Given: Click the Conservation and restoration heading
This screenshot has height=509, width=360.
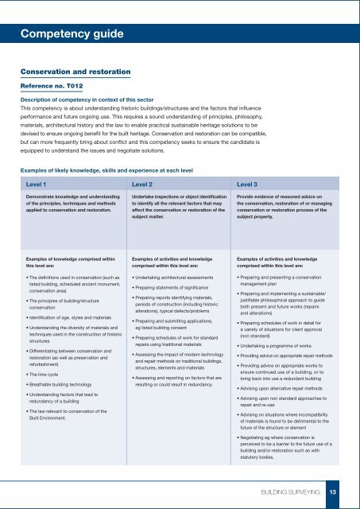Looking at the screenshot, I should (75, 72).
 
